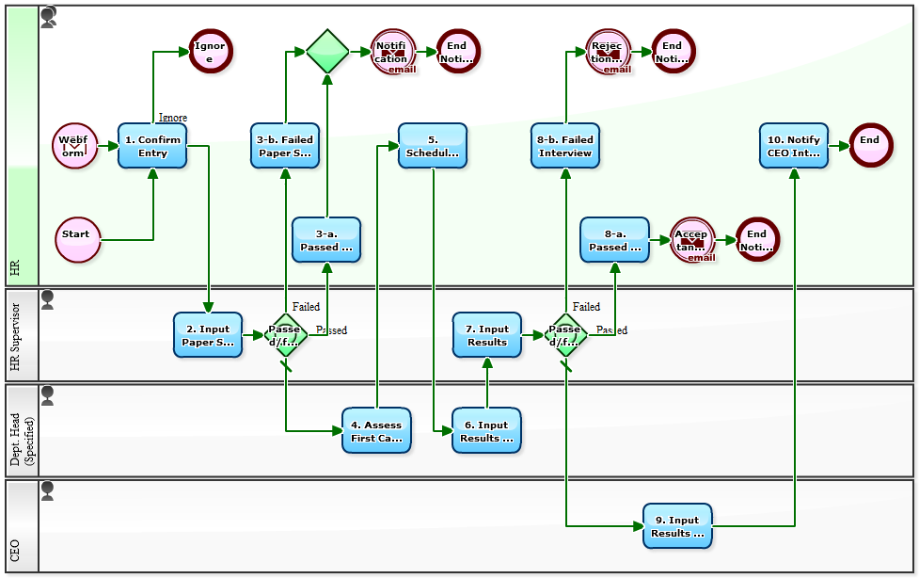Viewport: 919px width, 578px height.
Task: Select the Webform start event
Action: coord(74,146)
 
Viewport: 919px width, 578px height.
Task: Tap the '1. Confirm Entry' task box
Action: coord(152,146)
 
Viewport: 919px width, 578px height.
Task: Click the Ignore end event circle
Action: coord(210,51)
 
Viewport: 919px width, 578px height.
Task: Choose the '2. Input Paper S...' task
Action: coord(208,335)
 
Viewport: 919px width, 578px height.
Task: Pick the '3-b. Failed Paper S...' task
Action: coord(285,146)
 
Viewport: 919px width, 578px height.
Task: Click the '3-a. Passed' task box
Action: coord(326,240)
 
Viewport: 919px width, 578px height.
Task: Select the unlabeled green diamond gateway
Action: coord(327,51)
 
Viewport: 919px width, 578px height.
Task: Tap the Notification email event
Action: coord(392,51)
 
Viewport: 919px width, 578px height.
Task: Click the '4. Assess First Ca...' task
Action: coord(376,430)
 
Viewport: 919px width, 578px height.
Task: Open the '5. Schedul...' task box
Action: coord(433,146)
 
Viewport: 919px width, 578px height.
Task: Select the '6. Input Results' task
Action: coord(486,430)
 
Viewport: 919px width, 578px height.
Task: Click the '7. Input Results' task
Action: coord(487,335)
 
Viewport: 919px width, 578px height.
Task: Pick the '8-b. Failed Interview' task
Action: coord(565,146)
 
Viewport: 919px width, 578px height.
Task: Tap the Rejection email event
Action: coord(608,51)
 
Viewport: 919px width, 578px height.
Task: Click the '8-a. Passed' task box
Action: coord(614,240)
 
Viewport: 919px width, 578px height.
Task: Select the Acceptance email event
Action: coord(692,240)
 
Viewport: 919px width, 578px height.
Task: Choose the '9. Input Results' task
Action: coord(677,526)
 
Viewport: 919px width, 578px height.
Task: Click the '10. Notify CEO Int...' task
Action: coord(794,146)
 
